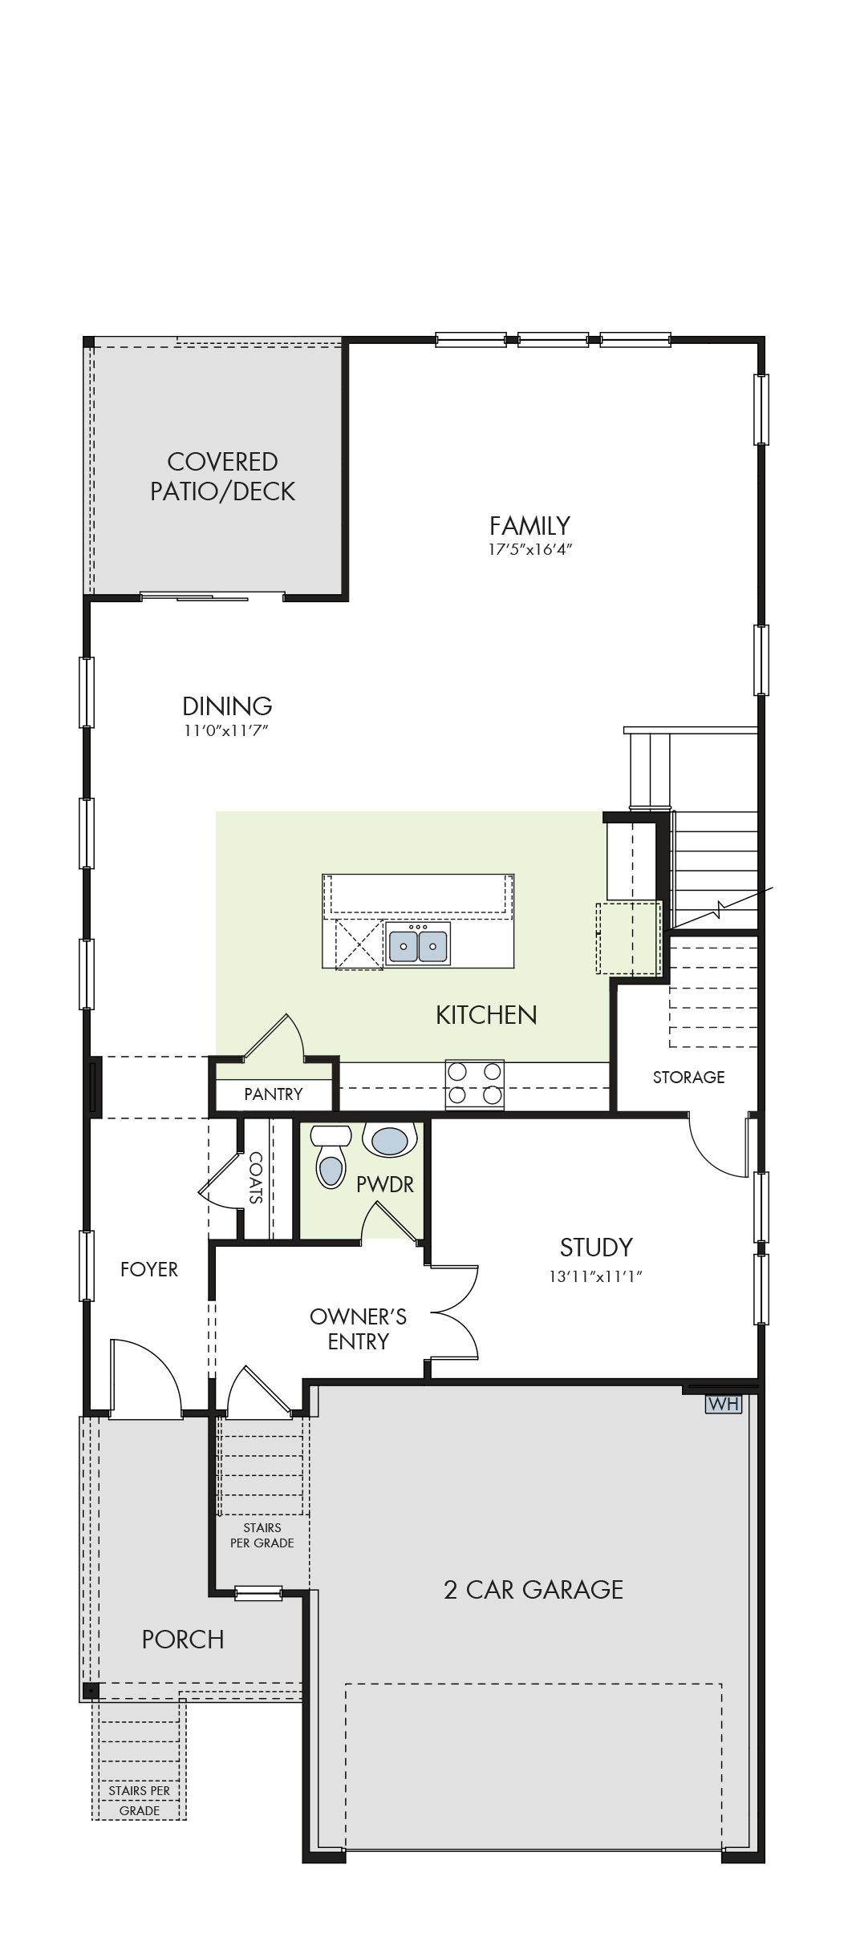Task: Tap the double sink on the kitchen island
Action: tap(417, 944)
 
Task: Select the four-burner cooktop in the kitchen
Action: tap(475, 1084)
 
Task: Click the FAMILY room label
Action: tap(529, 526)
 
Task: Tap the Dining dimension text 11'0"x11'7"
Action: tap(226, 730)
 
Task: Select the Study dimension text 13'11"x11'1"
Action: tap(595, 1276)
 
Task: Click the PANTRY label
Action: tap(274, 1094)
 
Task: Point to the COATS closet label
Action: tap(256, 1178)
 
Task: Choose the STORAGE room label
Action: tap(688, 1078)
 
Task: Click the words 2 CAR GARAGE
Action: tap(534, 1589)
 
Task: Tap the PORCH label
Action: tap(183, 1640)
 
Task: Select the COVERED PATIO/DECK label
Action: tap(223, 476)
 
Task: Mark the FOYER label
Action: tap(149, 1269)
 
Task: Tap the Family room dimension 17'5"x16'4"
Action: tap(530, 550)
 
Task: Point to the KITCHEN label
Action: tap(486, 1015)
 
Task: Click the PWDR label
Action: tap(385, 1184)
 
